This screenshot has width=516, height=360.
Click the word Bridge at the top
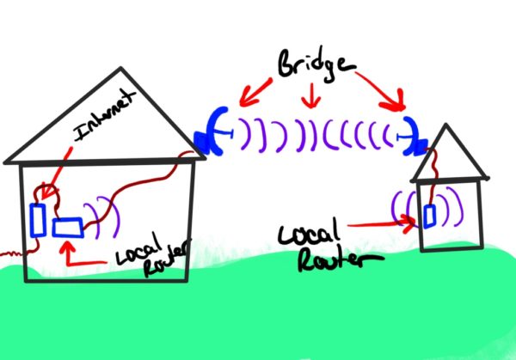pyautogui.click(x=305, y=64)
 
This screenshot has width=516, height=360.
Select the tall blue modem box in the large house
pyautogui.click(x=37, y=218)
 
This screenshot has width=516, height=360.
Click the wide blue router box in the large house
pyautogui.click(x=66, y=228)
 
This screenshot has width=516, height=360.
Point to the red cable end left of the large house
pyautogui.click(x=5, y=255)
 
